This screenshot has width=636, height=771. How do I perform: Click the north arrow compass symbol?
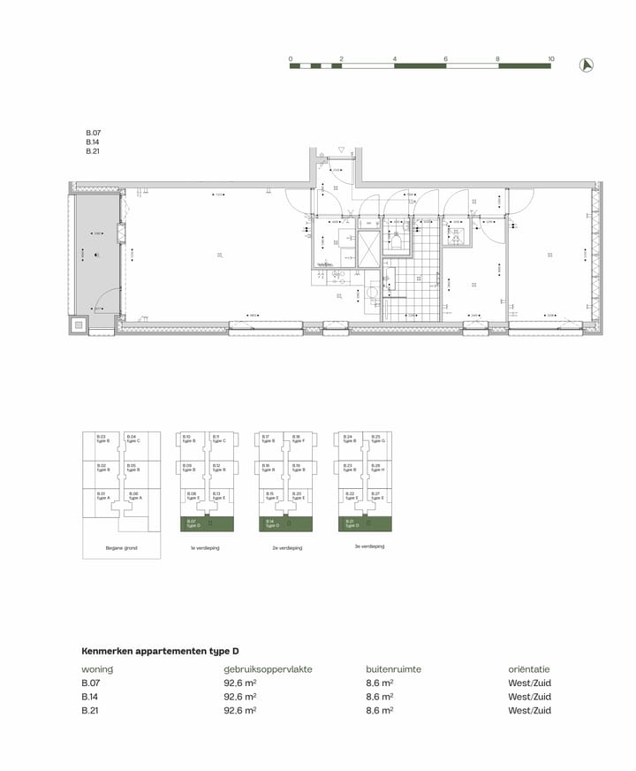(585, 64)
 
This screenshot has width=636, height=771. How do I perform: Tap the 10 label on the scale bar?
(551, 58)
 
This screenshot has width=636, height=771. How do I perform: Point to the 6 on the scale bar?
(446, 58)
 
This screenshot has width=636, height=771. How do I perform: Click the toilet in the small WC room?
(397, 243)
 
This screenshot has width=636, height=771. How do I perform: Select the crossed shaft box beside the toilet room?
(369, 247)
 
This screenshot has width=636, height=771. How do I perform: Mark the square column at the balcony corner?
(79, 324)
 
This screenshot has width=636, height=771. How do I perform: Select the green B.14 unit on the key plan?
(283, 524)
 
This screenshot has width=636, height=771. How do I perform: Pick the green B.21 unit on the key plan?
(363, 524)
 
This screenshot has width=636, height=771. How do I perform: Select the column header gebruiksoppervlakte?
(268, 669)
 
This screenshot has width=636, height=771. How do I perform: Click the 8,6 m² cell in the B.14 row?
(379, 697)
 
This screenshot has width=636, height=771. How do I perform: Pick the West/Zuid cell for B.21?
(529, 710)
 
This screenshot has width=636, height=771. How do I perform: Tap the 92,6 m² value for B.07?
(240, 683)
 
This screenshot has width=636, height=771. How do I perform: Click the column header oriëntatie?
(529, 669)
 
